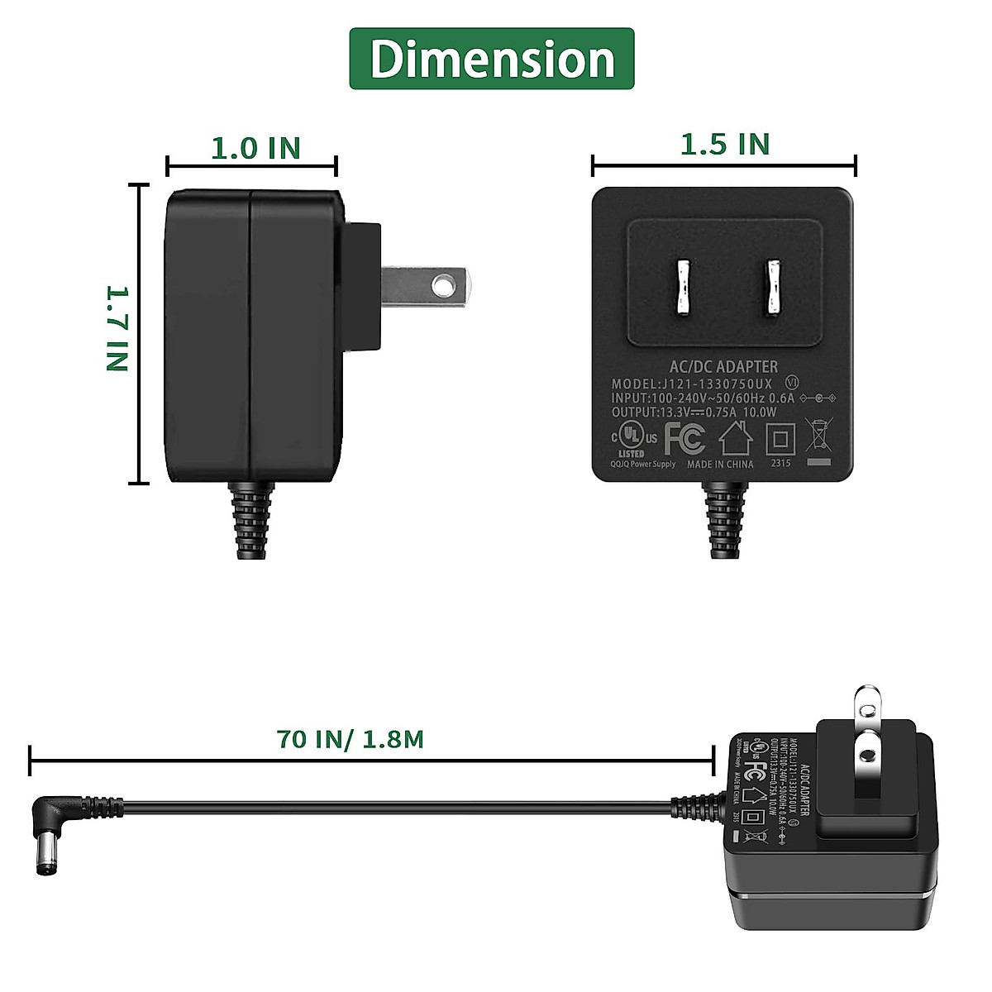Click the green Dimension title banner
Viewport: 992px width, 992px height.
pyautogui.click(x=491, y=59)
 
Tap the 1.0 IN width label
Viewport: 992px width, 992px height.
pyautogui.click(x=255, y=149)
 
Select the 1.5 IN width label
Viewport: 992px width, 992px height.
pyautogui.click(x=724, y=145)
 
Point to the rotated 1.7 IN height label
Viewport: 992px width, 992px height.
pyautogui.click(x=118, y=328)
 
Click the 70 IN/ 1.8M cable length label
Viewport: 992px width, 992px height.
pyautogui.click(x=351, y=738)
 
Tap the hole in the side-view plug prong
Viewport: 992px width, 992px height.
pyautogui.click(x=445, y=285)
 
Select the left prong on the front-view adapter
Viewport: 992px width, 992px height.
pyautogui.click(x=682, y=289)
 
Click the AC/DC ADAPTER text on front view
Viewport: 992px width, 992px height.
pyautogui.click(x=723, y=366)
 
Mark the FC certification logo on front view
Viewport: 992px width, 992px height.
pyautogui.click(x=684, y=438)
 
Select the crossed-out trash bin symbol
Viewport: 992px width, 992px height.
pyautogui.click(x=818, y=438)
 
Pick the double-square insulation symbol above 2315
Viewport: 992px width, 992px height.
pyautogui.click(x=780, y=438)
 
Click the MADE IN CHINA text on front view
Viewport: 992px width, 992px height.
pyautogui.click(x=720, y=465)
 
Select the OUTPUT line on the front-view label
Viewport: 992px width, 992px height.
pyautogui.click(x=694, y=412)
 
